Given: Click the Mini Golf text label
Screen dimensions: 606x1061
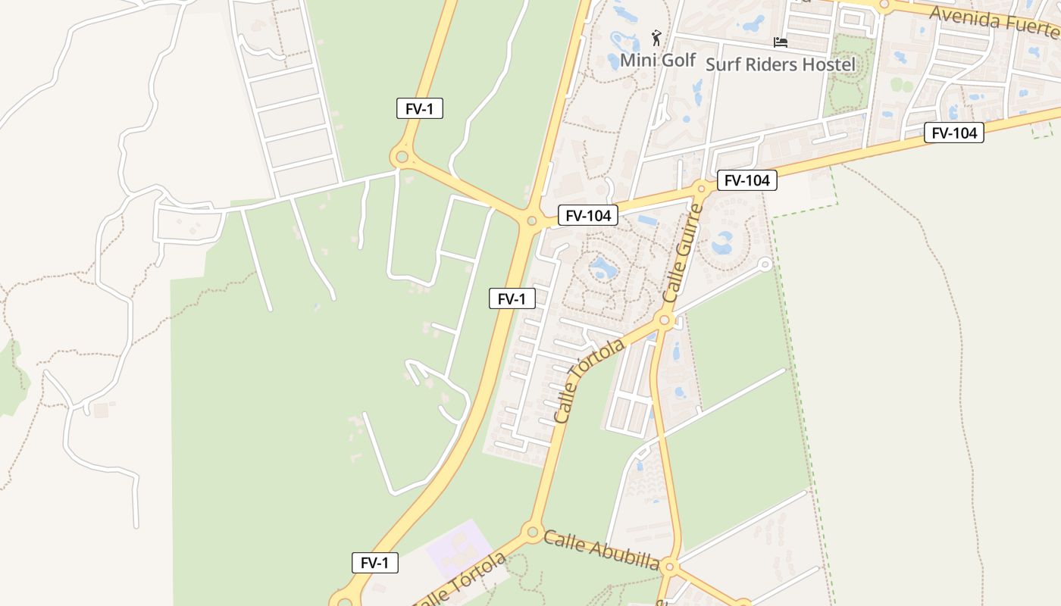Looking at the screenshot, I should coord(658,60).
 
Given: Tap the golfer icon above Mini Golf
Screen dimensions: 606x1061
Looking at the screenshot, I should coord(657,37).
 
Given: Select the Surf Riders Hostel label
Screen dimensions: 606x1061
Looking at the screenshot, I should coord(780,64).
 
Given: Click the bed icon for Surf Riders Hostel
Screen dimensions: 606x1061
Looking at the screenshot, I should coord(780,42).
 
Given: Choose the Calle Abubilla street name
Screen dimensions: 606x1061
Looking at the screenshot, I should coord(601,549).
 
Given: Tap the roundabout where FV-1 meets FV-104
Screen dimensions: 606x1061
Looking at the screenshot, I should coord(531,221).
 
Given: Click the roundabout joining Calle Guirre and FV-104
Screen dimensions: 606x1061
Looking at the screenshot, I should coord(702,187).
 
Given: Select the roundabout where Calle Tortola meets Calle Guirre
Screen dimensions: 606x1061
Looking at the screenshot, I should coord(665,321).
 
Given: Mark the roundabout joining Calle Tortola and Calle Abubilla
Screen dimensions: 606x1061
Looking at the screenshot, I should coord(532,532).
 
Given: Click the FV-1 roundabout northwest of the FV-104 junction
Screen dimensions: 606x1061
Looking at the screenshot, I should coord(402,158).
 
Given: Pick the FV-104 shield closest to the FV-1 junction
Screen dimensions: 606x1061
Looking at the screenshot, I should coord(588,215).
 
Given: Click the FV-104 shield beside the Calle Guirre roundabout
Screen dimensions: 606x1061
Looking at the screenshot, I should coord(746,180).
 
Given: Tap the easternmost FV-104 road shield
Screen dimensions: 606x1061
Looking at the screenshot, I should coord(953,133).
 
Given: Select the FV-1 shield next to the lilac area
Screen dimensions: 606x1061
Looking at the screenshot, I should coord(375,563).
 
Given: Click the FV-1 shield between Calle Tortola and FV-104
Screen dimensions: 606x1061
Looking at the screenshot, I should coord(512,299).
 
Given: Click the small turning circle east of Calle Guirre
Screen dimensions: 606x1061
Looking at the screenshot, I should coord(765,264).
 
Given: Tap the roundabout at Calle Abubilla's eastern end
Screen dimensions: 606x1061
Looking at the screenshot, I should coord(668,566).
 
